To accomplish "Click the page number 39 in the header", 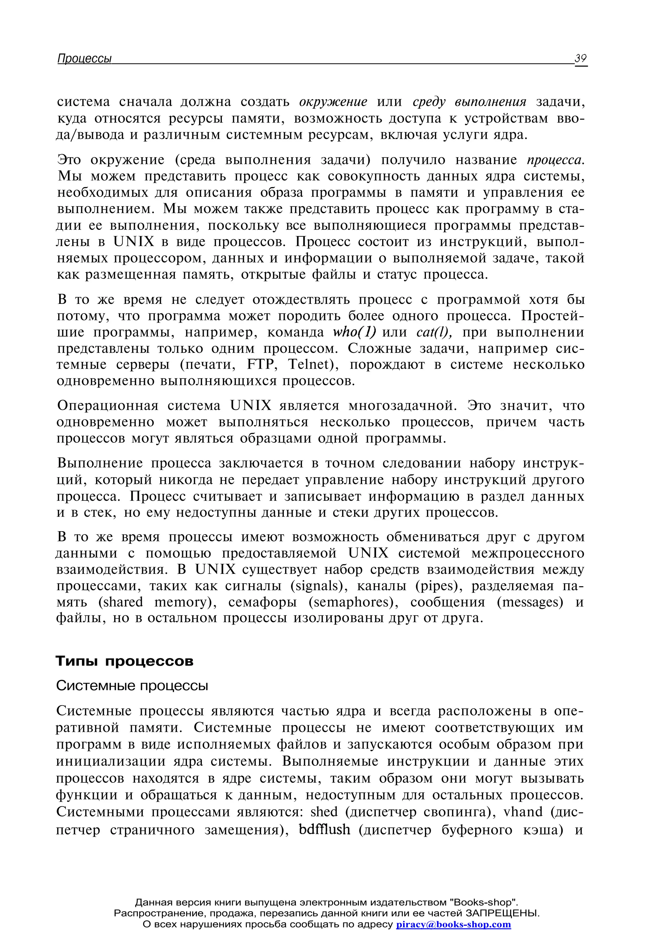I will [580, 58].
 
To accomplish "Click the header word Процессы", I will [85, 59].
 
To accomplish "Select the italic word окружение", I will [333, 102].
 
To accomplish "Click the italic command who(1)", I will [354, 332].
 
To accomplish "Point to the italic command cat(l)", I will [434, 332].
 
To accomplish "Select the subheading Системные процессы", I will [132, 686].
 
